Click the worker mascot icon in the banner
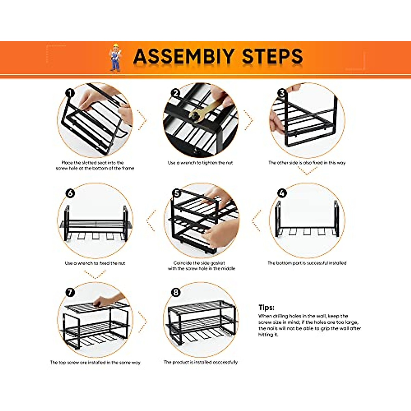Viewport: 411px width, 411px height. [115, 57]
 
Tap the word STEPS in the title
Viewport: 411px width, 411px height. [272, 57]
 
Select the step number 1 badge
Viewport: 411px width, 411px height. [70, 93]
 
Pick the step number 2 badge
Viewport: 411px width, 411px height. [176, 93]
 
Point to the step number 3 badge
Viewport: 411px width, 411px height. [282, 93]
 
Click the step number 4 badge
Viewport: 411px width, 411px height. [282, 193]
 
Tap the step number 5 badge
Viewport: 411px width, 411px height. [177, 193]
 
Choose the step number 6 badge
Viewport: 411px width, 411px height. [70, 193]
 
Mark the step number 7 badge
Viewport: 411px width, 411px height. [70, 292]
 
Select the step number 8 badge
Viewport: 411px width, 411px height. [176, 292]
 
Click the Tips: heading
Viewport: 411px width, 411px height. [266, 307]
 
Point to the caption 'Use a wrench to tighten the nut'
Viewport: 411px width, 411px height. [200, 163]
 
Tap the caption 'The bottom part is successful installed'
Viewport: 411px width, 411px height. [307, 263]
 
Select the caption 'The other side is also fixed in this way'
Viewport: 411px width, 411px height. [307, 163]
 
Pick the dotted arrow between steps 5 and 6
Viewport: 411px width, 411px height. [150, 221]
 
